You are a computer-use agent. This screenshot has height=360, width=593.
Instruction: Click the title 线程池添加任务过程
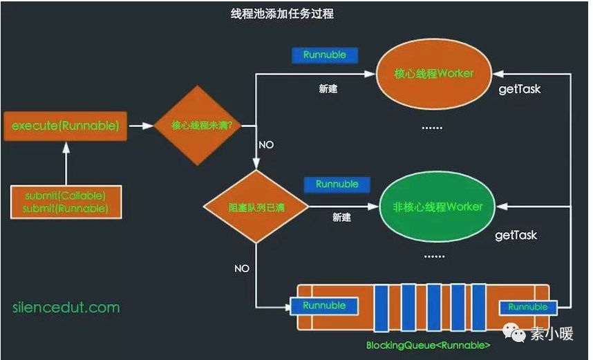coord(282,14)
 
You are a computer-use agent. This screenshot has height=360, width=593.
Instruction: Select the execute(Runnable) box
coord(66,126)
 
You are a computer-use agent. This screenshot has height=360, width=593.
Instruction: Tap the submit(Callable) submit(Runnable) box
coord(66,202)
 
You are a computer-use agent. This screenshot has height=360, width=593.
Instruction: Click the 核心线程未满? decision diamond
coord(198,125)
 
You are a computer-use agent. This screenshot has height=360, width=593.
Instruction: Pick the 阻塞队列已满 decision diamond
coord(256,207)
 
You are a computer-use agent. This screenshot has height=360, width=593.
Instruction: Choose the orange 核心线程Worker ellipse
coord(434,74)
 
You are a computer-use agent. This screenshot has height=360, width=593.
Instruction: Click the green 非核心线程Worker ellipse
coord(437,207)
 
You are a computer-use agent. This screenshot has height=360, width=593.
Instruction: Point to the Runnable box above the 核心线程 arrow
coord(325,55)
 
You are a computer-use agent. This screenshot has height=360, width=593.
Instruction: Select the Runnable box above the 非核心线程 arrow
coord(337,184)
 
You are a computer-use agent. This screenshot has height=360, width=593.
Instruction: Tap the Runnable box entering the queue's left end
coord(324,306)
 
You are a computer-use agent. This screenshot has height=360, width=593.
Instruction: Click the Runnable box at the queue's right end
coord(528,307)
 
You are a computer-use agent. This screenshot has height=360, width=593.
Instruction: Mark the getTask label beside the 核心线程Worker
coord(520,89)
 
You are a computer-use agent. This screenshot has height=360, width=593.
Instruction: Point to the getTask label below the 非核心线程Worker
coord(516,235)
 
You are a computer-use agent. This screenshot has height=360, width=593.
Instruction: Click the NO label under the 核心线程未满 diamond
coord(266,145)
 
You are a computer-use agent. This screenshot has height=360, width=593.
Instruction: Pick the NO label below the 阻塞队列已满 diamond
coord(242,269)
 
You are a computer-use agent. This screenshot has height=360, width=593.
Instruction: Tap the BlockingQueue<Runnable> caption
coord(428,345)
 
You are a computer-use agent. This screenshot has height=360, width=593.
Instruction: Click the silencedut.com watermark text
coord(66,307)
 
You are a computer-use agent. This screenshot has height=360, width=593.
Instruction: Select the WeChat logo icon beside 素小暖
coord(514,333)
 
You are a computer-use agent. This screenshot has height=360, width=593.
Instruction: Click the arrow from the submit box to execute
coord(66,163)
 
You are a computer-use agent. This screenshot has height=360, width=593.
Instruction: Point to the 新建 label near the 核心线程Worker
coord(328,89)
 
